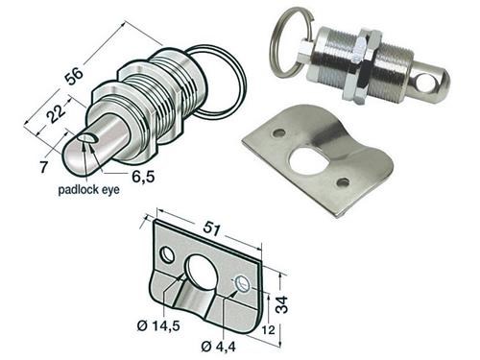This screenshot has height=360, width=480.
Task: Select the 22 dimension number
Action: (x=58, y=112)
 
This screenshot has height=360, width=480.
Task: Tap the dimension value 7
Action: (x=43, y=167)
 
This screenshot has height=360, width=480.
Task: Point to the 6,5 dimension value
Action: (x=143, y=177)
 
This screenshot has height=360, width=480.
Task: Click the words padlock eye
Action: (x=88, y=190)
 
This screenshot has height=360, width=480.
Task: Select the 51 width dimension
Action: (x=212, y=229)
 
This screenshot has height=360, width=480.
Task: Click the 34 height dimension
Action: (x=283, y=304)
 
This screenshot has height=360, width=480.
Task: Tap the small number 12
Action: (x=268, y=330)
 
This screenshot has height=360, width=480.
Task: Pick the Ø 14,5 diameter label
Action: (x=158, y=326)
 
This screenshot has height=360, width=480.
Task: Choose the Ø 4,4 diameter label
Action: (x=219, y=347)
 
